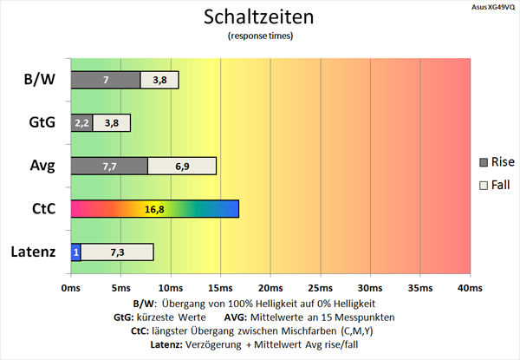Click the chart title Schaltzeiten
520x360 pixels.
[259, 16]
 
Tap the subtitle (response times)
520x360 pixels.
[259, 36]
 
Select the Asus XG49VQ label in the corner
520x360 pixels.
[490, 5]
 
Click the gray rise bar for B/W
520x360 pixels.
[105, 80]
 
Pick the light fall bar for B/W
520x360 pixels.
[159, 80]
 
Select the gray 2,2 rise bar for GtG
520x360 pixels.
[81, 123]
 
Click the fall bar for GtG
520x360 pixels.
[112, 123]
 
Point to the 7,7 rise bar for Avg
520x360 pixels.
[108, 166]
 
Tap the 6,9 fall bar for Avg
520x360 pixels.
[182, 166]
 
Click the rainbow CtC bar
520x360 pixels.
[154, 209]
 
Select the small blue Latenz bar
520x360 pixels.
[75, 252]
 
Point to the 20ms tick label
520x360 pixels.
[270, 287]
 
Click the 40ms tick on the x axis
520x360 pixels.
[469, 287]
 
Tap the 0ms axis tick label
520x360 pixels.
[70, 287]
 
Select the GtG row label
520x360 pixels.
[41, 123]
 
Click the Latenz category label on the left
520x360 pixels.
[34, 252]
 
